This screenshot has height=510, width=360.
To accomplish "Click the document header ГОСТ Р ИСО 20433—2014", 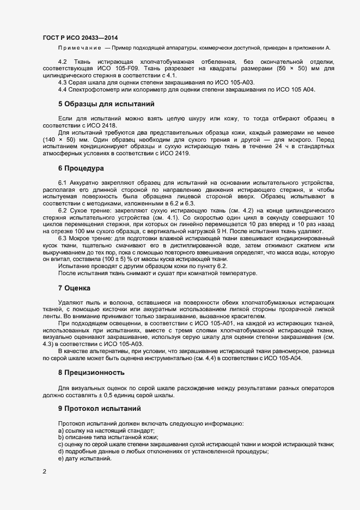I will [80, 38].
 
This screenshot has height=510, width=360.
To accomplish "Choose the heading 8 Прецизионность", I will [91, 373].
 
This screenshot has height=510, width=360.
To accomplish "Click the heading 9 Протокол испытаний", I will [99, 408].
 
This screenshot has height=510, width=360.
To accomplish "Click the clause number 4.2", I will [63, 63].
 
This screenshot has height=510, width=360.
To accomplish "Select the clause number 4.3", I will [63, 82].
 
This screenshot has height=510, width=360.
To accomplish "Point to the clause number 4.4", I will [63, 89].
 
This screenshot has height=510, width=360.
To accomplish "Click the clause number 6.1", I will [63, 182].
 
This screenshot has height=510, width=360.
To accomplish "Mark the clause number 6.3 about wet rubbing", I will [63, 238].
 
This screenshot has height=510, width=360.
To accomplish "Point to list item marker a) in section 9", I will [61, 430].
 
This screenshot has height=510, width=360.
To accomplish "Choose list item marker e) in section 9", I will [61, 459].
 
